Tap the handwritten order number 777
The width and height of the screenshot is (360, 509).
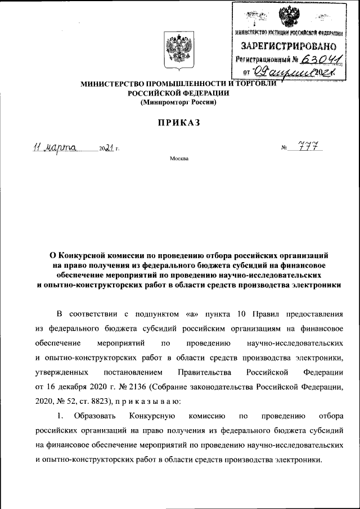pos(312,147)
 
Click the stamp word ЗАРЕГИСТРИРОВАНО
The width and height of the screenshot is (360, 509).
pos(289,45)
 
